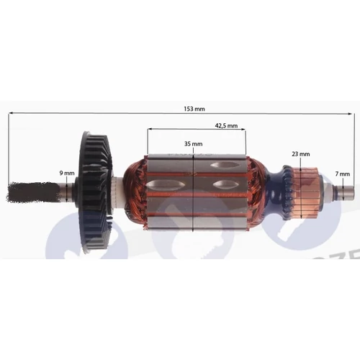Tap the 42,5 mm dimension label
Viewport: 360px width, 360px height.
click(225, 126)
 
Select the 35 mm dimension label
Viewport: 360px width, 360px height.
click(193, 144)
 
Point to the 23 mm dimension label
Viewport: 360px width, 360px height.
click(301, 154)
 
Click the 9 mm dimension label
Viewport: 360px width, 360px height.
click(66, 173)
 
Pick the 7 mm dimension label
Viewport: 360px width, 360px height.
click(344, 174)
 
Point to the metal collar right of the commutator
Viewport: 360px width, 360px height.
click(328, 191)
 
